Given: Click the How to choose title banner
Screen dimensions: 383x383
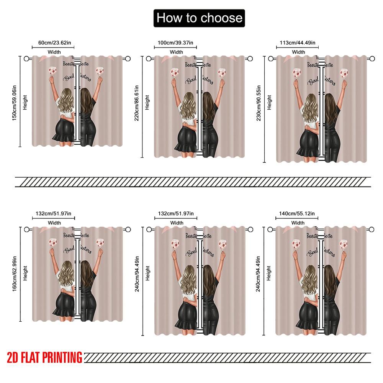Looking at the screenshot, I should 199,18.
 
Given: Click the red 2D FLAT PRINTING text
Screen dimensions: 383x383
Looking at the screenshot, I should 44,357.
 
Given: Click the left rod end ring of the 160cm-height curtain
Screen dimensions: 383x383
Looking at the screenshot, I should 26,229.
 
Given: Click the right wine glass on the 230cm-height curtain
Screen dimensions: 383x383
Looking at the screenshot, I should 344,72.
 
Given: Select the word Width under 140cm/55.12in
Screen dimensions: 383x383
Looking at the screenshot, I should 298,223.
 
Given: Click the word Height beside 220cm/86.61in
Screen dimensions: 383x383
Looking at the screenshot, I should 147,103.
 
